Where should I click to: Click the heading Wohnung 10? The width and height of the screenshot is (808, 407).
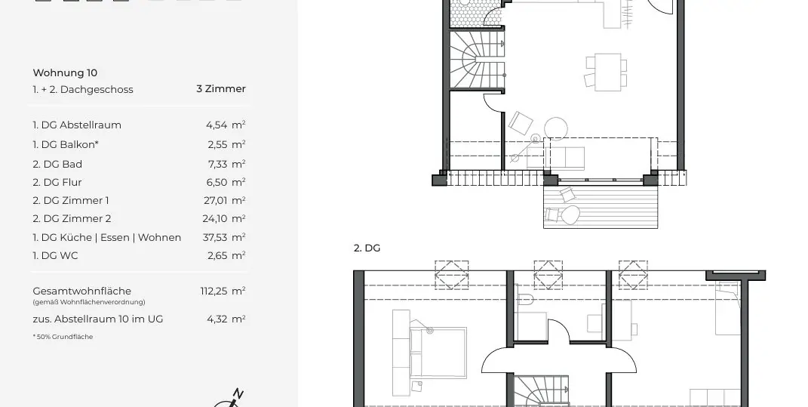coord(65,73)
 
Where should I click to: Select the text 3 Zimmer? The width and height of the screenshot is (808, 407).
coord(220,88)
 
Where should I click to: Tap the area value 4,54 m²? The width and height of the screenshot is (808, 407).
coord(226,125)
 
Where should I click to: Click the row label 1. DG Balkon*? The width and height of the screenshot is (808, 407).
coord(66,143)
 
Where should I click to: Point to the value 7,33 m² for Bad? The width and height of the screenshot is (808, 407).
coord(226,164)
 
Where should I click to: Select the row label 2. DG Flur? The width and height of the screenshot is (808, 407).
coord(57,182)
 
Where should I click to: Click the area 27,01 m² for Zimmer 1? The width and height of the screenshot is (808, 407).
coord(226,200)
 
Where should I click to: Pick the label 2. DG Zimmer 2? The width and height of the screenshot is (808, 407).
coord(72,218)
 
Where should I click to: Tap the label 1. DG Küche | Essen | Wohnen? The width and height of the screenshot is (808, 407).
coord(106,237)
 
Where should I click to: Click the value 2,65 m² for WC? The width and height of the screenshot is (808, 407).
coord(226,255)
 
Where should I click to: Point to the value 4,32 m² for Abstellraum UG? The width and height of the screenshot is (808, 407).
coord(226,319)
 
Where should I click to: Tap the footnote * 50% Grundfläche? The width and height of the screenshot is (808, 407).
coord(63,337)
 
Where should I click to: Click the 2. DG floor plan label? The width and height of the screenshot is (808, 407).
coord(367,248)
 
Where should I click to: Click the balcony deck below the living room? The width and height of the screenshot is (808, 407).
coord(601,205)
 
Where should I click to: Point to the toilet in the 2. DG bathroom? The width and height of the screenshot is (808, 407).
coord(526,300)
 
